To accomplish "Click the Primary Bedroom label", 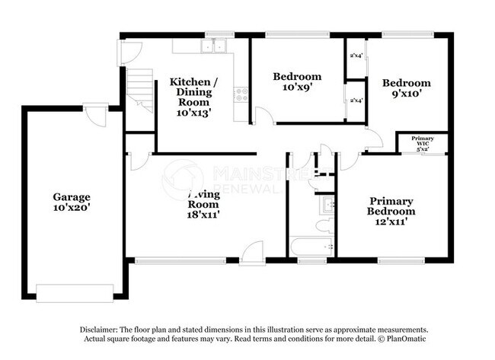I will (x=391, y=206).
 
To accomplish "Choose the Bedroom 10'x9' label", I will (x=297, y=81).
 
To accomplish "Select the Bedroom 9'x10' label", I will (x=406, y=88).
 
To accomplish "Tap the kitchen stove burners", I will (x=242, y=96).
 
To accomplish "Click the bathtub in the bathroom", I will (x=311, y=247).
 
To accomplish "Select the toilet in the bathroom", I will (x=324, y=225).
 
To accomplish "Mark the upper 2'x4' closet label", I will (x=355, y=56).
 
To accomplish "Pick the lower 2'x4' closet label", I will (x=355, y=100).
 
